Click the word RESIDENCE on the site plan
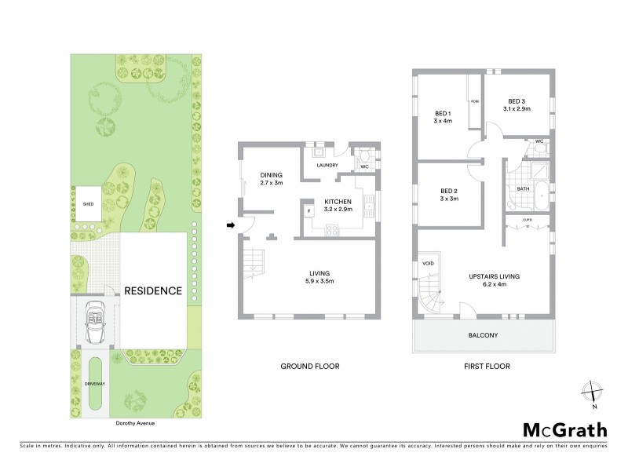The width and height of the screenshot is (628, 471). [153, 290]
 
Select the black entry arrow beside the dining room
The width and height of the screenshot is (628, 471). [231, 226]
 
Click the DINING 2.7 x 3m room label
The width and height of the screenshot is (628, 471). [271, 179]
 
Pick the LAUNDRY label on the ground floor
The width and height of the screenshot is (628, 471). [327, 166]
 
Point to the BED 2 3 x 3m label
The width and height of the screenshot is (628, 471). [448, 195]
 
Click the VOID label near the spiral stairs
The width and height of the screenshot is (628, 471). [429, 264]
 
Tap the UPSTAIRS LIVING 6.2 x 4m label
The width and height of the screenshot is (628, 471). [495, 280]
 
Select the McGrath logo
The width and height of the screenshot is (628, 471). [564, 429]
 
